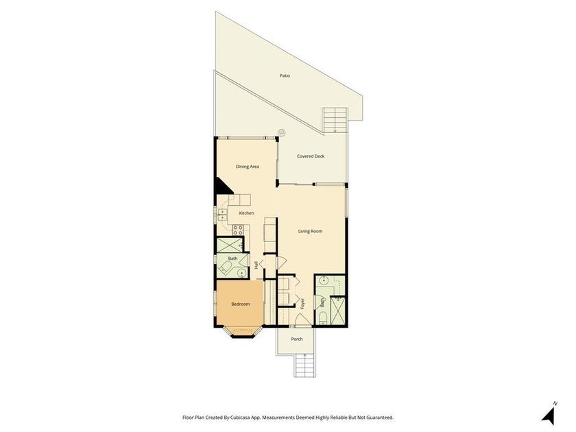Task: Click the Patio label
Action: click(285, 75)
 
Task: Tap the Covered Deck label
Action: click(311, 156)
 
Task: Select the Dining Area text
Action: click(248, 167)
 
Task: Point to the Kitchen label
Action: click(246, 213)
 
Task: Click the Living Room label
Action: click(310, 232)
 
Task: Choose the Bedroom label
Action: click(240, 304)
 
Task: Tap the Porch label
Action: click(297, 339)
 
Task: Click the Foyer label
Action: click(302, 303)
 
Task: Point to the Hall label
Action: click(256, 265)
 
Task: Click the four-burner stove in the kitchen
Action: click(238, 230)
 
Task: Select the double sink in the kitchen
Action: click(223, 214)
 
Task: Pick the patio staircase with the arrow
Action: click(335, 120)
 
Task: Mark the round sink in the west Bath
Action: click(241, 273)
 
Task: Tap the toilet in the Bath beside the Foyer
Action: click(322, 317)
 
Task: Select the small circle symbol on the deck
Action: click(282, 132)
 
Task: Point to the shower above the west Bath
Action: click(230, 245)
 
